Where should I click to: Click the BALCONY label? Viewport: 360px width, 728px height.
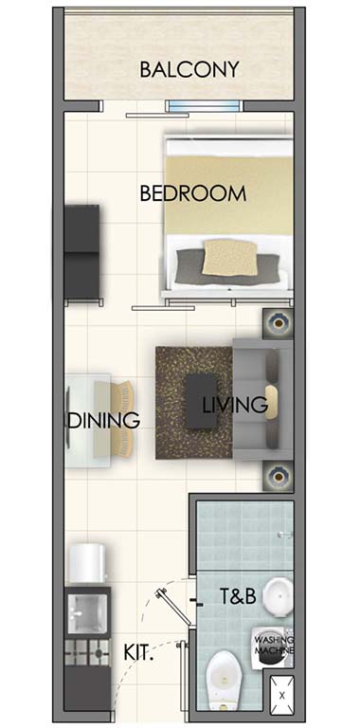click(x=189, y=69)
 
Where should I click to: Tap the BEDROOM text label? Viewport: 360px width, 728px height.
click(x=193, y=193)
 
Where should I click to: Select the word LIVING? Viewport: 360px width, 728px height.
click(x=235, y=405)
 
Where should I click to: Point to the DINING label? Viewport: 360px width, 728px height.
click(x=104, y=420)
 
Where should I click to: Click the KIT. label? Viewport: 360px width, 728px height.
click(x=138, y=653)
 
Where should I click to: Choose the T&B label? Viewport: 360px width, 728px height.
click(x=238, y=596)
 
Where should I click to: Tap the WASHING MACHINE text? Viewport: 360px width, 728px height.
click(x=274, y=645)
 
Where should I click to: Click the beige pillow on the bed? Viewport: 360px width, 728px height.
click(x=230, y=257)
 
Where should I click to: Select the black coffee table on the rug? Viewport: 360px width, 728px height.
click(x=202, y=401)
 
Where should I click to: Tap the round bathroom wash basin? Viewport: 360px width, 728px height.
click(x=278, y=596)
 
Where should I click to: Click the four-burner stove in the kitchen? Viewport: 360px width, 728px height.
click(x=87, y=652)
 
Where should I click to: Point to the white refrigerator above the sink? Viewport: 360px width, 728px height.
click(x=87, y=563)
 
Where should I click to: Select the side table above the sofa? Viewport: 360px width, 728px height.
click(x=278, y=322)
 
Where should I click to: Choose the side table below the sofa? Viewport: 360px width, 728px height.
click(x=278, y=476)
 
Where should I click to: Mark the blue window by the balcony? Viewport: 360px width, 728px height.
click(x=205, y=106)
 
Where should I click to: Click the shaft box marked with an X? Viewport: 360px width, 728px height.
click(x=282, y=694)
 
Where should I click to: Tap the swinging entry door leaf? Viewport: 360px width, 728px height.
click(x=173, y=608)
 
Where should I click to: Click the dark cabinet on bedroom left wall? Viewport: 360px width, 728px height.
click(x=82, y=253)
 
